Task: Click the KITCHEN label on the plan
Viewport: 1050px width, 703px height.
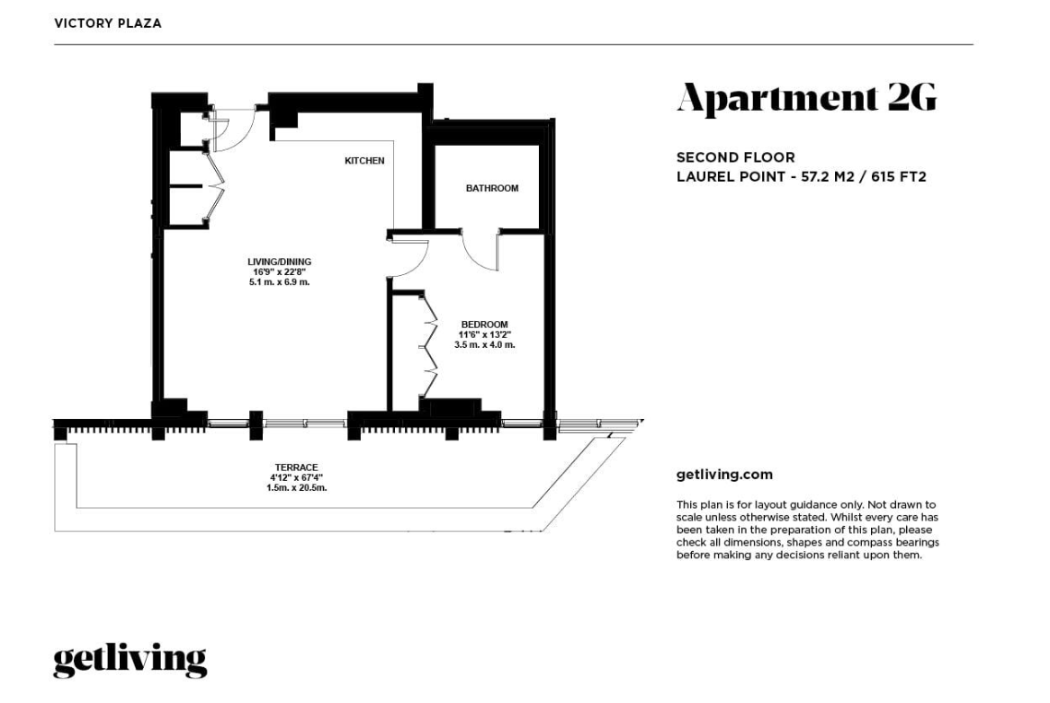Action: click(x=364, y=161)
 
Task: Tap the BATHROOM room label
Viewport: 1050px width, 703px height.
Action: click(x=492, y=188)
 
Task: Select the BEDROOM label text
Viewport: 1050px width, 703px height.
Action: click(x=484, y=325)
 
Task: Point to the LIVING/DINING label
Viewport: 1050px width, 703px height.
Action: click(x=279, y=262)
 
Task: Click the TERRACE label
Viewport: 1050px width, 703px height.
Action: click(x=296, y=467)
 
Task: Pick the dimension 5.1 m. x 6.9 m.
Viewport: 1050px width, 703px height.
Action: click(x=279, y=282)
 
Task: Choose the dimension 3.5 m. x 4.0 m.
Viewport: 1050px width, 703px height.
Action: click(x=484, y=345)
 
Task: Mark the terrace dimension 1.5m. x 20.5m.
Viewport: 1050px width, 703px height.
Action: click(x=296, y=487)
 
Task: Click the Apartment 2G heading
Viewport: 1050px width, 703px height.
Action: click(x=806, y=99)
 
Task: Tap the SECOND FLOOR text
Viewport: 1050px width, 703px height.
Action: click(x=735, y=157)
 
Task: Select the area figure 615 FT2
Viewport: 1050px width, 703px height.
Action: click(x=899, y=177)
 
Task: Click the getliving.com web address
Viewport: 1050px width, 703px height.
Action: click(x=724, y=475)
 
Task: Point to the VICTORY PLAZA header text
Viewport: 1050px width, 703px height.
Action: click(x=108, y=23)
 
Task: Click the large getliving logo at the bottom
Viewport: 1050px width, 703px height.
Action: click(x=130, y=661)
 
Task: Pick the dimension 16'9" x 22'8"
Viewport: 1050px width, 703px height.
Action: click(x=279, y=272)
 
